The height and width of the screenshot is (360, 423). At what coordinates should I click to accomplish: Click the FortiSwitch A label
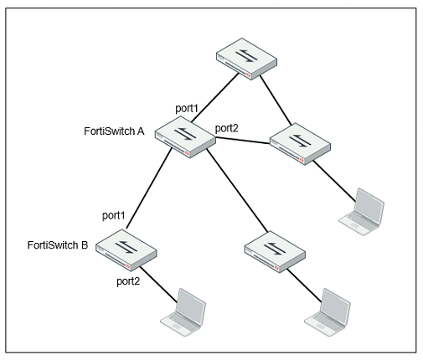(x=114, y=131)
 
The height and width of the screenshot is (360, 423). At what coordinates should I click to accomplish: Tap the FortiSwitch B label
(x=58, y=245)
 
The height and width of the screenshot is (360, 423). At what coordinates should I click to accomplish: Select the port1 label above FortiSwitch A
(x=187, y=108)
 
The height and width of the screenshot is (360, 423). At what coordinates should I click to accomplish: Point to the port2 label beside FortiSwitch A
(x=227, y=129)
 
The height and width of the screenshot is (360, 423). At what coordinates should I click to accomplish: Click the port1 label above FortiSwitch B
(x=114, y=215)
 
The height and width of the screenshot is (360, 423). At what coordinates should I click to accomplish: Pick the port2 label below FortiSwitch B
(x=128, y=281)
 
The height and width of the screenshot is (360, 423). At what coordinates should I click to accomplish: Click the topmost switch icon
(x=247, y=59)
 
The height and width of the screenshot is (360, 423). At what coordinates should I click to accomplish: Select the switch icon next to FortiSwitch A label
(x=185, y=137)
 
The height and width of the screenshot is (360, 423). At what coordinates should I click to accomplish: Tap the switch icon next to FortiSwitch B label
(x=126, y=250)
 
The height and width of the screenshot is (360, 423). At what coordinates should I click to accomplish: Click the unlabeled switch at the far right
(x=300, y=144)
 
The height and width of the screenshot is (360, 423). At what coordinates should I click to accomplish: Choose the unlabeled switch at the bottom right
(x=275, y=252)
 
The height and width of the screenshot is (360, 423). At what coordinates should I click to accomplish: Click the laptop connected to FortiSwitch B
(x=183, y=312)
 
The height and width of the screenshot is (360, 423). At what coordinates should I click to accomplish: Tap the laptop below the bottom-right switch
(x=328, y=312)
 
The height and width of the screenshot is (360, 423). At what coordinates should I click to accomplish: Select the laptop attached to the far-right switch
(x=362, y=212)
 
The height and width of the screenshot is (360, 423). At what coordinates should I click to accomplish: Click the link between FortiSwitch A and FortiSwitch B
(x=149, y=188)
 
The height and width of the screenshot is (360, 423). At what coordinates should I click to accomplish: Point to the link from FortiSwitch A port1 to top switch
(x=215, y=98)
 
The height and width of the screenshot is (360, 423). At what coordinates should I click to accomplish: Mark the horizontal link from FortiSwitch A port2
(x=243, y=141)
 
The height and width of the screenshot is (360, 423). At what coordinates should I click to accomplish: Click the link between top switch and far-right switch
(x=276, y=100)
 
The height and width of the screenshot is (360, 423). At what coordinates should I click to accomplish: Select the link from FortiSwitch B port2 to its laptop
(x=158, y=285)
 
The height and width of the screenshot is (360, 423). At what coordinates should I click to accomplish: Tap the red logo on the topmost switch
(x=248, y=75)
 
